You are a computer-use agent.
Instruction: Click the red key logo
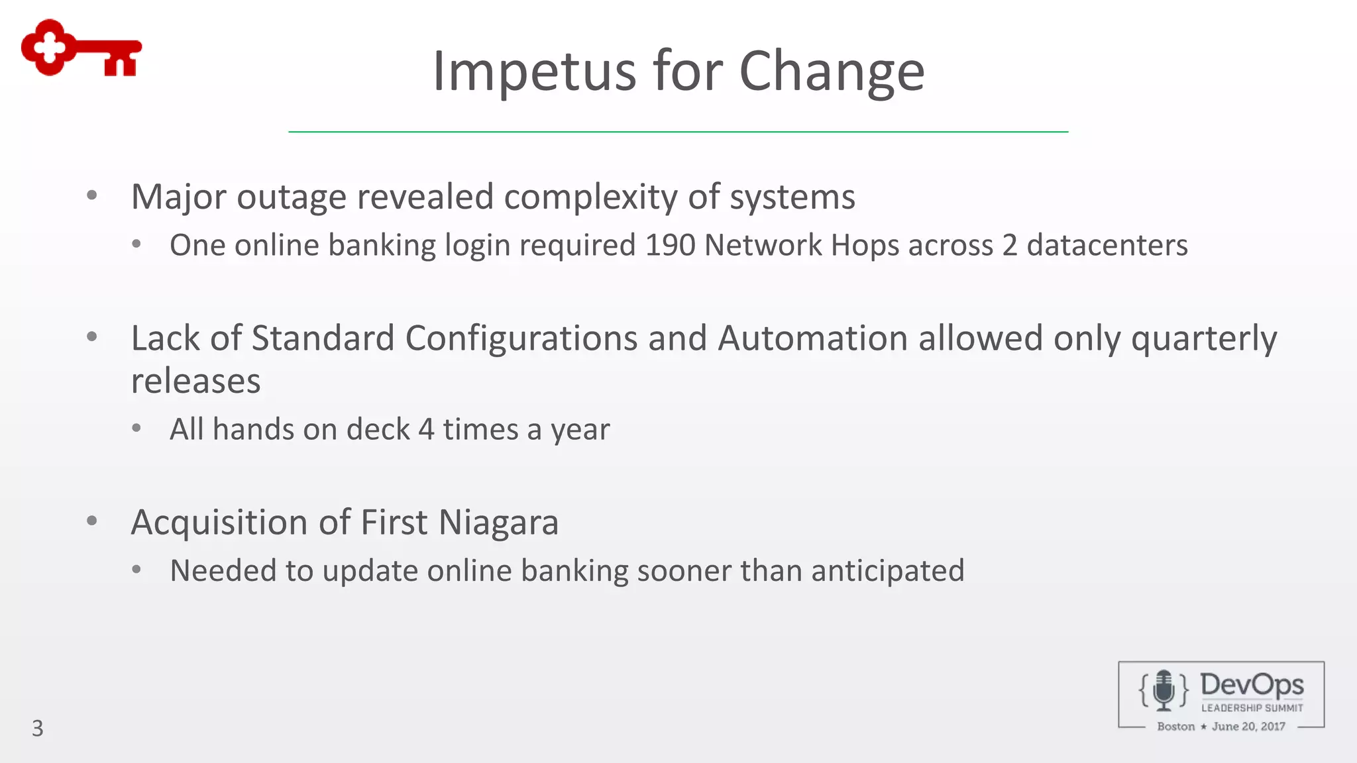click(x=81, y=48)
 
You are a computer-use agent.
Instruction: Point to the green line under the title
click(x=678, y=132)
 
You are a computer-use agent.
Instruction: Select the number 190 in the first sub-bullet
click(x=670, y=245)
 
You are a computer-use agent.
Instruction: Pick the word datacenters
click(x=1107, y=245)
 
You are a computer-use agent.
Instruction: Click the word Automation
click(x=812, y=338)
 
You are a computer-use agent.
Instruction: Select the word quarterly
click(x=1203, y=339)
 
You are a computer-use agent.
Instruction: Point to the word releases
click(x=195, y=381)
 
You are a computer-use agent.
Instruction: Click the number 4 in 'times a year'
click(x=426, y=429)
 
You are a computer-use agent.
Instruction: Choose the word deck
click(x=378, y=429)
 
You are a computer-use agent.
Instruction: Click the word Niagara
click(x=498, y=523)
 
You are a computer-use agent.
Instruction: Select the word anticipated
click(x=887, y=571)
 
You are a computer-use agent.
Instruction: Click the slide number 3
click(x=38, y=729)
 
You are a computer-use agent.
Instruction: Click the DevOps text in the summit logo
click(x=1252, y=685)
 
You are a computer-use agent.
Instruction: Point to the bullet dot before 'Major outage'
click(x=92, y=195)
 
